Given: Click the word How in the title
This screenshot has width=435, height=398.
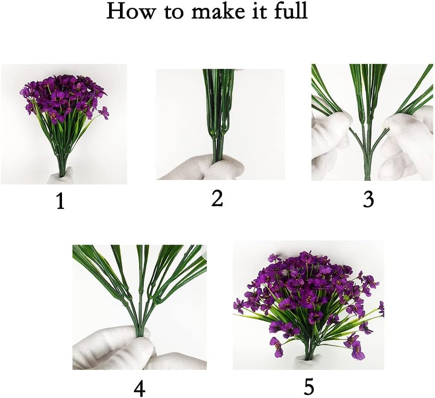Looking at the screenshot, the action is pyautogui.click(x=130, y=11).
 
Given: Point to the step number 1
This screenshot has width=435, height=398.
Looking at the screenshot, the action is pyautogui.click(x=60, y=201).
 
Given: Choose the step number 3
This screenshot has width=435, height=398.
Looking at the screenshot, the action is pyautogui.click(x=368, y=200).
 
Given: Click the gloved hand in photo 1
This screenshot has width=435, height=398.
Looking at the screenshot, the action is pyautogui.click(x=61, y=176).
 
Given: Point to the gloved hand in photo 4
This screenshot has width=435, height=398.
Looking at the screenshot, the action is pyautogui.click(x=116, y=349).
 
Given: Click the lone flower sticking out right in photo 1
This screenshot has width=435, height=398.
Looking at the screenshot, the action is pyautogui.click(x=104, y=113).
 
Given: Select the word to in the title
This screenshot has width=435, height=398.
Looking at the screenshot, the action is pyautogui.click(x=174, y=12).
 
